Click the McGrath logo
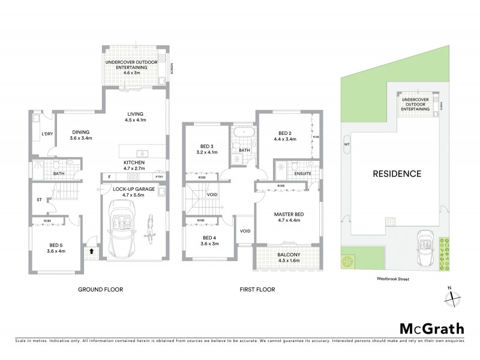[432, 328]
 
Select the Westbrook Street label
[389, 278]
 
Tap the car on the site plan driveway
[425, 246]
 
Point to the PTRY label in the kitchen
[159, 176]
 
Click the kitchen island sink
[142, 153]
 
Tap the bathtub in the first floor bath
[244, 133]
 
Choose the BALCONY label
[283, 256]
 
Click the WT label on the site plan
[347, 144]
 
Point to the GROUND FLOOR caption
[100, 289]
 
